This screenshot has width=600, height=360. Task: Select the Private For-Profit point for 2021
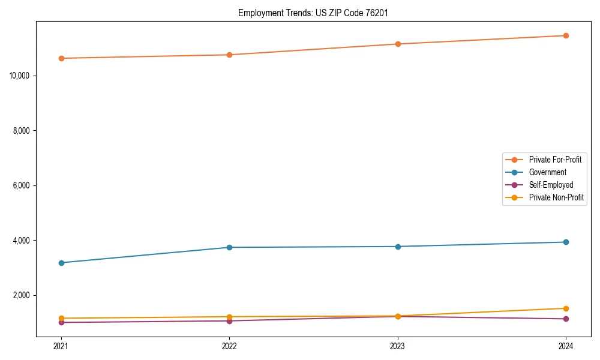[x=61, y=58]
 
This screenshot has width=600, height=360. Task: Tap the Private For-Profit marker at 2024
[x=566, y=35]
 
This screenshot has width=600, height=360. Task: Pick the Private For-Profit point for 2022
[x=229, y=55]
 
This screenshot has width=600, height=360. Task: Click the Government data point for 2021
[x=61, y=263]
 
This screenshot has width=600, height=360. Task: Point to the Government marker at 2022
[x=229, y=247]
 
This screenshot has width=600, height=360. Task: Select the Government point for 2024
[x=566, y=242]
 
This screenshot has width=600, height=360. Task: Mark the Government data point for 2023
[x=398, y=247]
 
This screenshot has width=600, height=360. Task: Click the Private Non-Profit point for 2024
[x=566, y=308]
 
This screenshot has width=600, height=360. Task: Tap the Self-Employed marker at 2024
[x=566, y=319]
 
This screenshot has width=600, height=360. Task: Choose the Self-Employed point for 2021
[x=61, y=322]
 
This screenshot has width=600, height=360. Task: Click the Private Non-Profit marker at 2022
[x=229, y=317]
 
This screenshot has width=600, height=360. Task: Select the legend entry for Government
[x=547, y=172]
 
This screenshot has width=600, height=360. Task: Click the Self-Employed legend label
[x=551, y=185]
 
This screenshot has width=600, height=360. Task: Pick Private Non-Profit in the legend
[x=556, y=197]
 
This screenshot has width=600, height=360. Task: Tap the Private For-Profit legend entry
[x=555, y=160]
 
